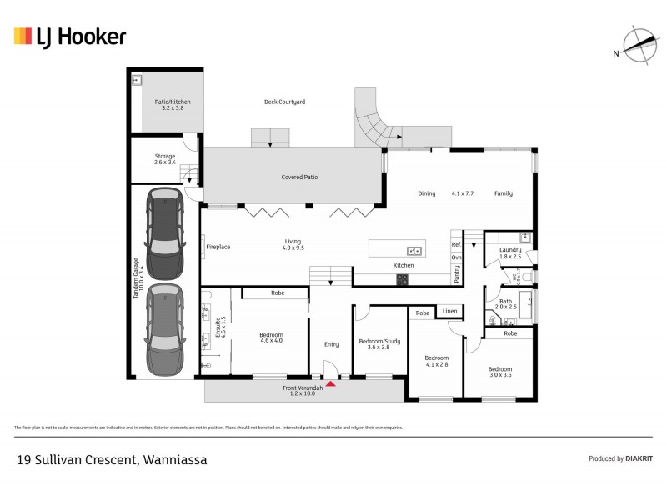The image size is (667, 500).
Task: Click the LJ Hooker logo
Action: coord(70,36)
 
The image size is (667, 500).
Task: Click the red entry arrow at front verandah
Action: coord(331,383)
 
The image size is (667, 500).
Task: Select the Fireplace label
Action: coord(218,247)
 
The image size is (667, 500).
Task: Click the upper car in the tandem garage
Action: coord(164,233)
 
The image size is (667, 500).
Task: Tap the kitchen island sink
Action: coord(414,250)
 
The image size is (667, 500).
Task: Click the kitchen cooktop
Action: coord(403,279)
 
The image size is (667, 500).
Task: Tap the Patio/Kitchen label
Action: coord(170,105)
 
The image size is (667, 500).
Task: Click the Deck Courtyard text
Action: coord(284,102)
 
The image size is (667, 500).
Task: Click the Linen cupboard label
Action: coord(449,311)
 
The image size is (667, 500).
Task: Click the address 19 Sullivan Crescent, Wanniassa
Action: coord(113,459)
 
